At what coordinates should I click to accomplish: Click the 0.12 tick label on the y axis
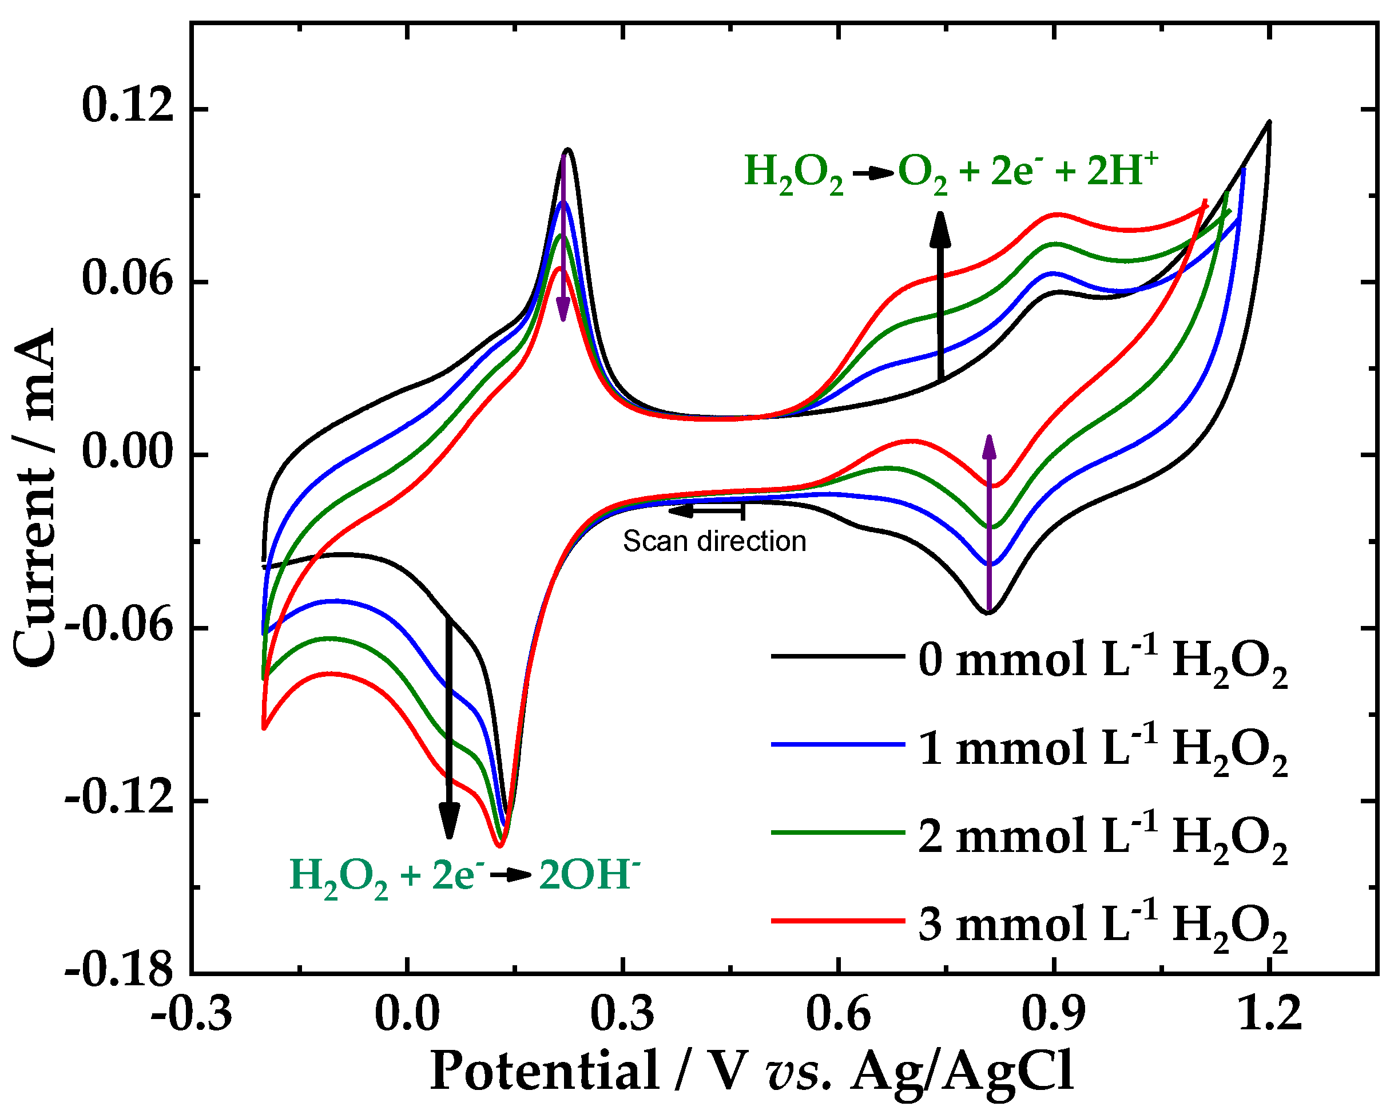click(x=128, y=107)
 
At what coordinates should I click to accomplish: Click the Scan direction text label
click(x=714, y=541)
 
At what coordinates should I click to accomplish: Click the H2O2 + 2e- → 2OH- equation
click(x=464, y=877)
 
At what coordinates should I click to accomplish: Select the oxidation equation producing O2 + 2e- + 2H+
click(x=950, y=172)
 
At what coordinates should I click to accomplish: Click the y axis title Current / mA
click(x=35, y=496)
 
